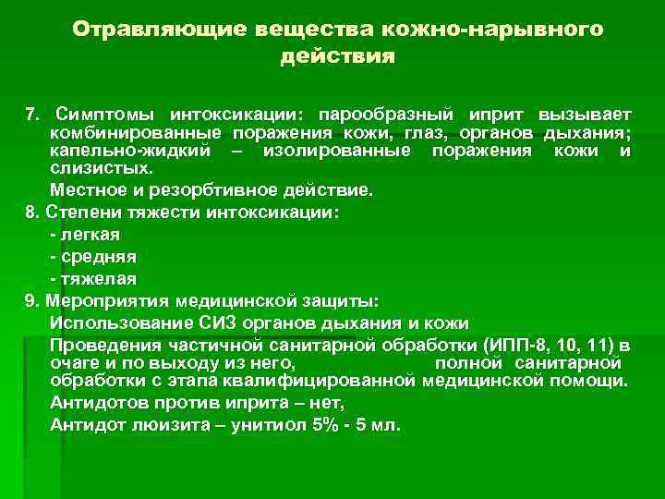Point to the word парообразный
click(385, 115)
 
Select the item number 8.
click(31, 213)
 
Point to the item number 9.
click(31, 300)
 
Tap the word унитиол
click(274, 425)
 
